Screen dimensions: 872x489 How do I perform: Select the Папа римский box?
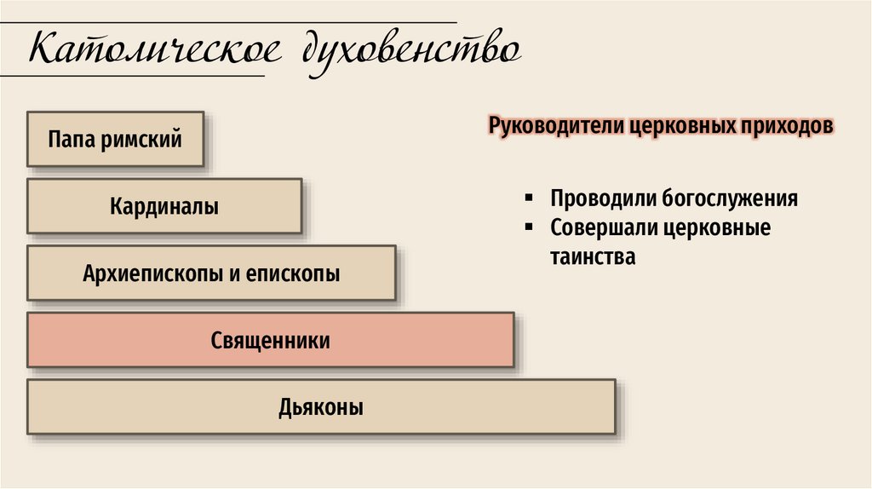click(115, 138)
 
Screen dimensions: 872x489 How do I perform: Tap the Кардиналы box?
click(163, 205)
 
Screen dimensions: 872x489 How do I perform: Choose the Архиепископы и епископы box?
click(211, 273)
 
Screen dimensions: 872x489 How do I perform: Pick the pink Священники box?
click(270, 341)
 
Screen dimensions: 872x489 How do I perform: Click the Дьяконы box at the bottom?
click(320, 407)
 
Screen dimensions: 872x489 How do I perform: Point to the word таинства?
click(593, 256)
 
